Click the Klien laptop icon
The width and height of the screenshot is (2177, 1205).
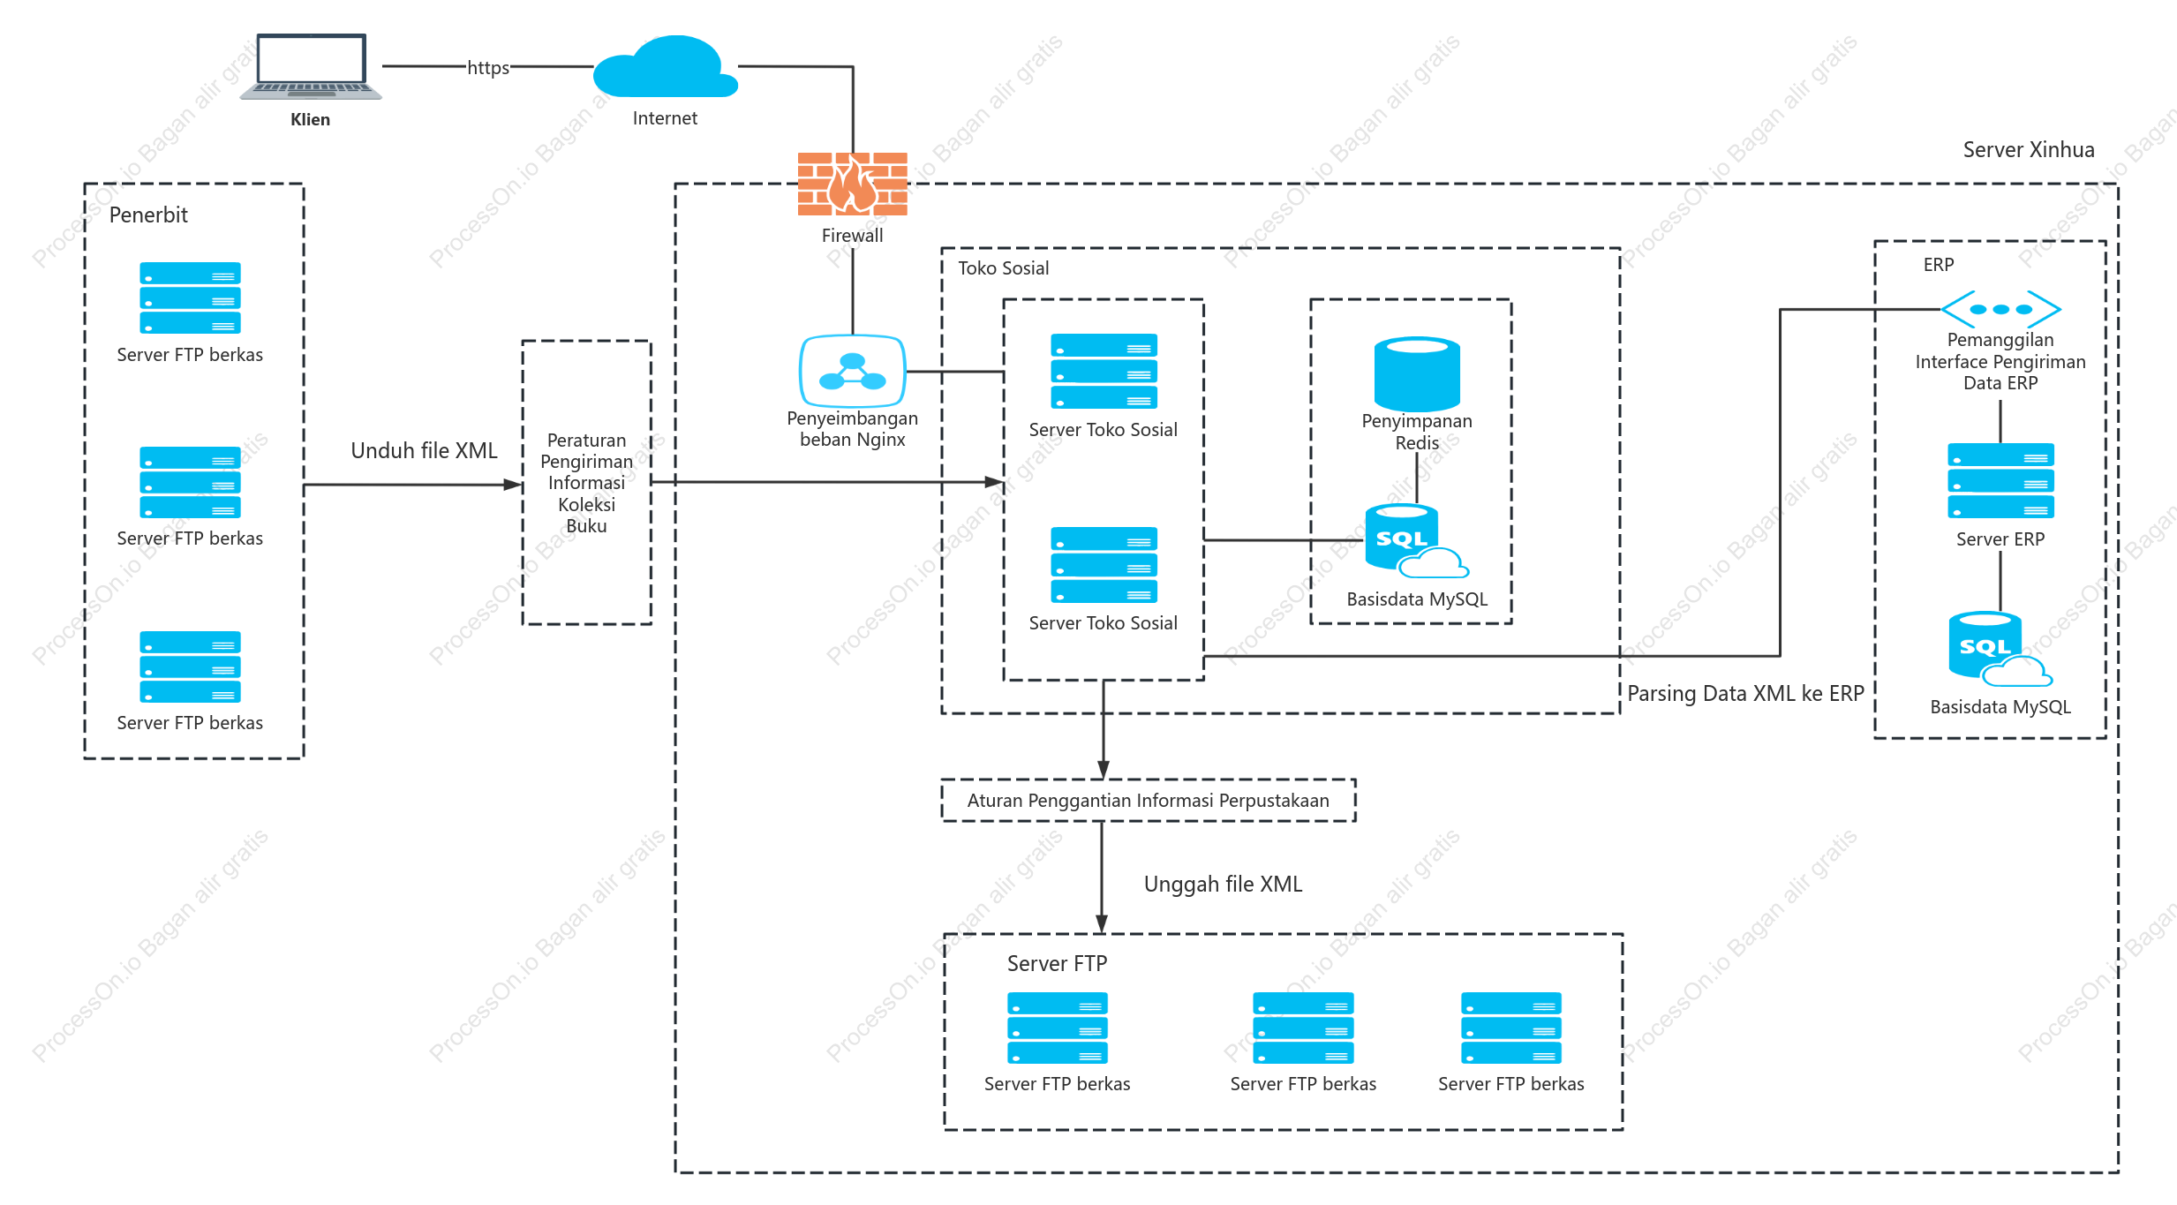pos(311,67)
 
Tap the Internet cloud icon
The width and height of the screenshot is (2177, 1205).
pos(666,66)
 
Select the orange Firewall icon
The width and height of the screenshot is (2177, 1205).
pos(853,185)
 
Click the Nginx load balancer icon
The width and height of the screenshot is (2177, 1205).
pos(853,372)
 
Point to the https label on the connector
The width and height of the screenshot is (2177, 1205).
pos(488,67)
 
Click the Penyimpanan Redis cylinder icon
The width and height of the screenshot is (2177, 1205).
pos(1417,374)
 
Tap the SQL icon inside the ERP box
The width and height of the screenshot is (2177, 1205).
pos(2000,649)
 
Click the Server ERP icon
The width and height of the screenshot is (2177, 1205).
pos(2000,481)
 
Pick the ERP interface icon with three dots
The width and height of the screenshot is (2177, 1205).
pos(2000,310)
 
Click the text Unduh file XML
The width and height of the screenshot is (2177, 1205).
pos(425,451)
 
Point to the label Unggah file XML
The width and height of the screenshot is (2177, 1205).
pos(1223,885)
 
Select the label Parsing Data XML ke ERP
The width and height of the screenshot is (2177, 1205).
pos(1745,694)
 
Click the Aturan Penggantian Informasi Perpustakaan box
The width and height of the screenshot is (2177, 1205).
pos(1149,801)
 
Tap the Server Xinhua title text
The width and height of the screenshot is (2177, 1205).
pos(2029,150)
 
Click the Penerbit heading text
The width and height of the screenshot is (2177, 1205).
pos(148,215)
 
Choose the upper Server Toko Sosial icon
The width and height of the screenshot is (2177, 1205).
pos(1104,372)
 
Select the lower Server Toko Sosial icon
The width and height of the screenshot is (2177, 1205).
pos(1104,565)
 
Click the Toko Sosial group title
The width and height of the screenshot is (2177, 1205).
pos(1004,268)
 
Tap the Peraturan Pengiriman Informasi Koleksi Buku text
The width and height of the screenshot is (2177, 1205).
pos(587,483)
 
